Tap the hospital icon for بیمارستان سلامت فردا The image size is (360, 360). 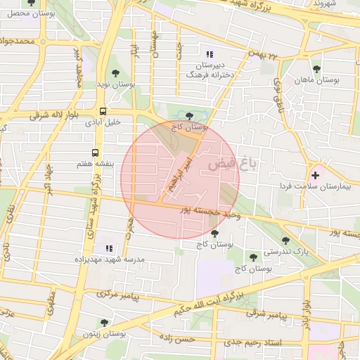(315, 174)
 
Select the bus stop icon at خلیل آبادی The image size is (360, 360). (103, 111)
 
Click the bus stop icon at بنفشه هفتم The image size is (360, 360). (96, 152)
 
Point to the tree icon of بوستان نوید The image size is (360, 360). (116, 72)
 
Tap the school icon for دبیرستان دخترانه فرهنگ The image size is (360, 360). (208, 54)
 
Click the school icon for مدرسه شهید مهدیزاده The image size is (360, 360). (108, 248)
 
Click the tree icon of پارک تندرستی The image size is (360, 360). (285, 240)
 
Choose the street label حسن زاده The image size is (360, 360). (176, 340)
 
